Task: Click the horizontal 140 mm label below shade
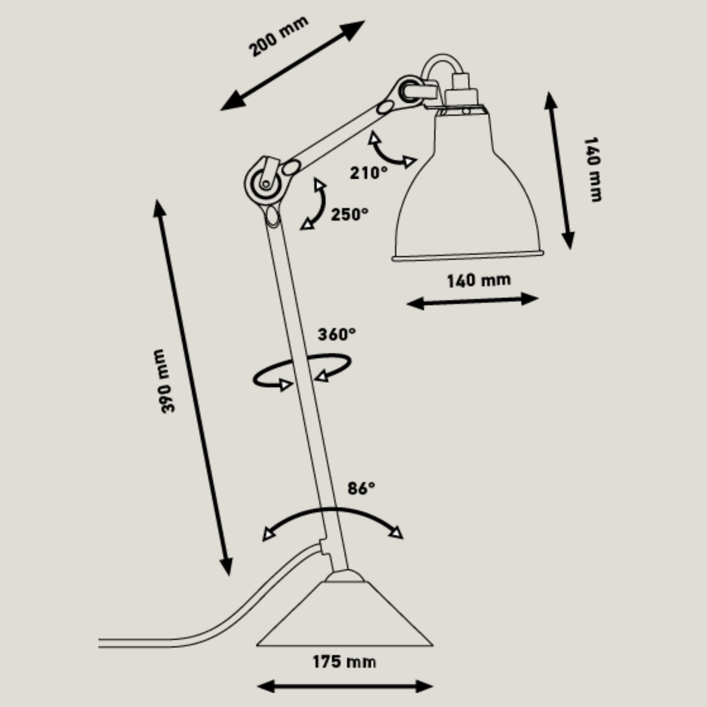click(x=479, y=280)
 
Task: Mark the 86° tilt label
click(x=361, y=488)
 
